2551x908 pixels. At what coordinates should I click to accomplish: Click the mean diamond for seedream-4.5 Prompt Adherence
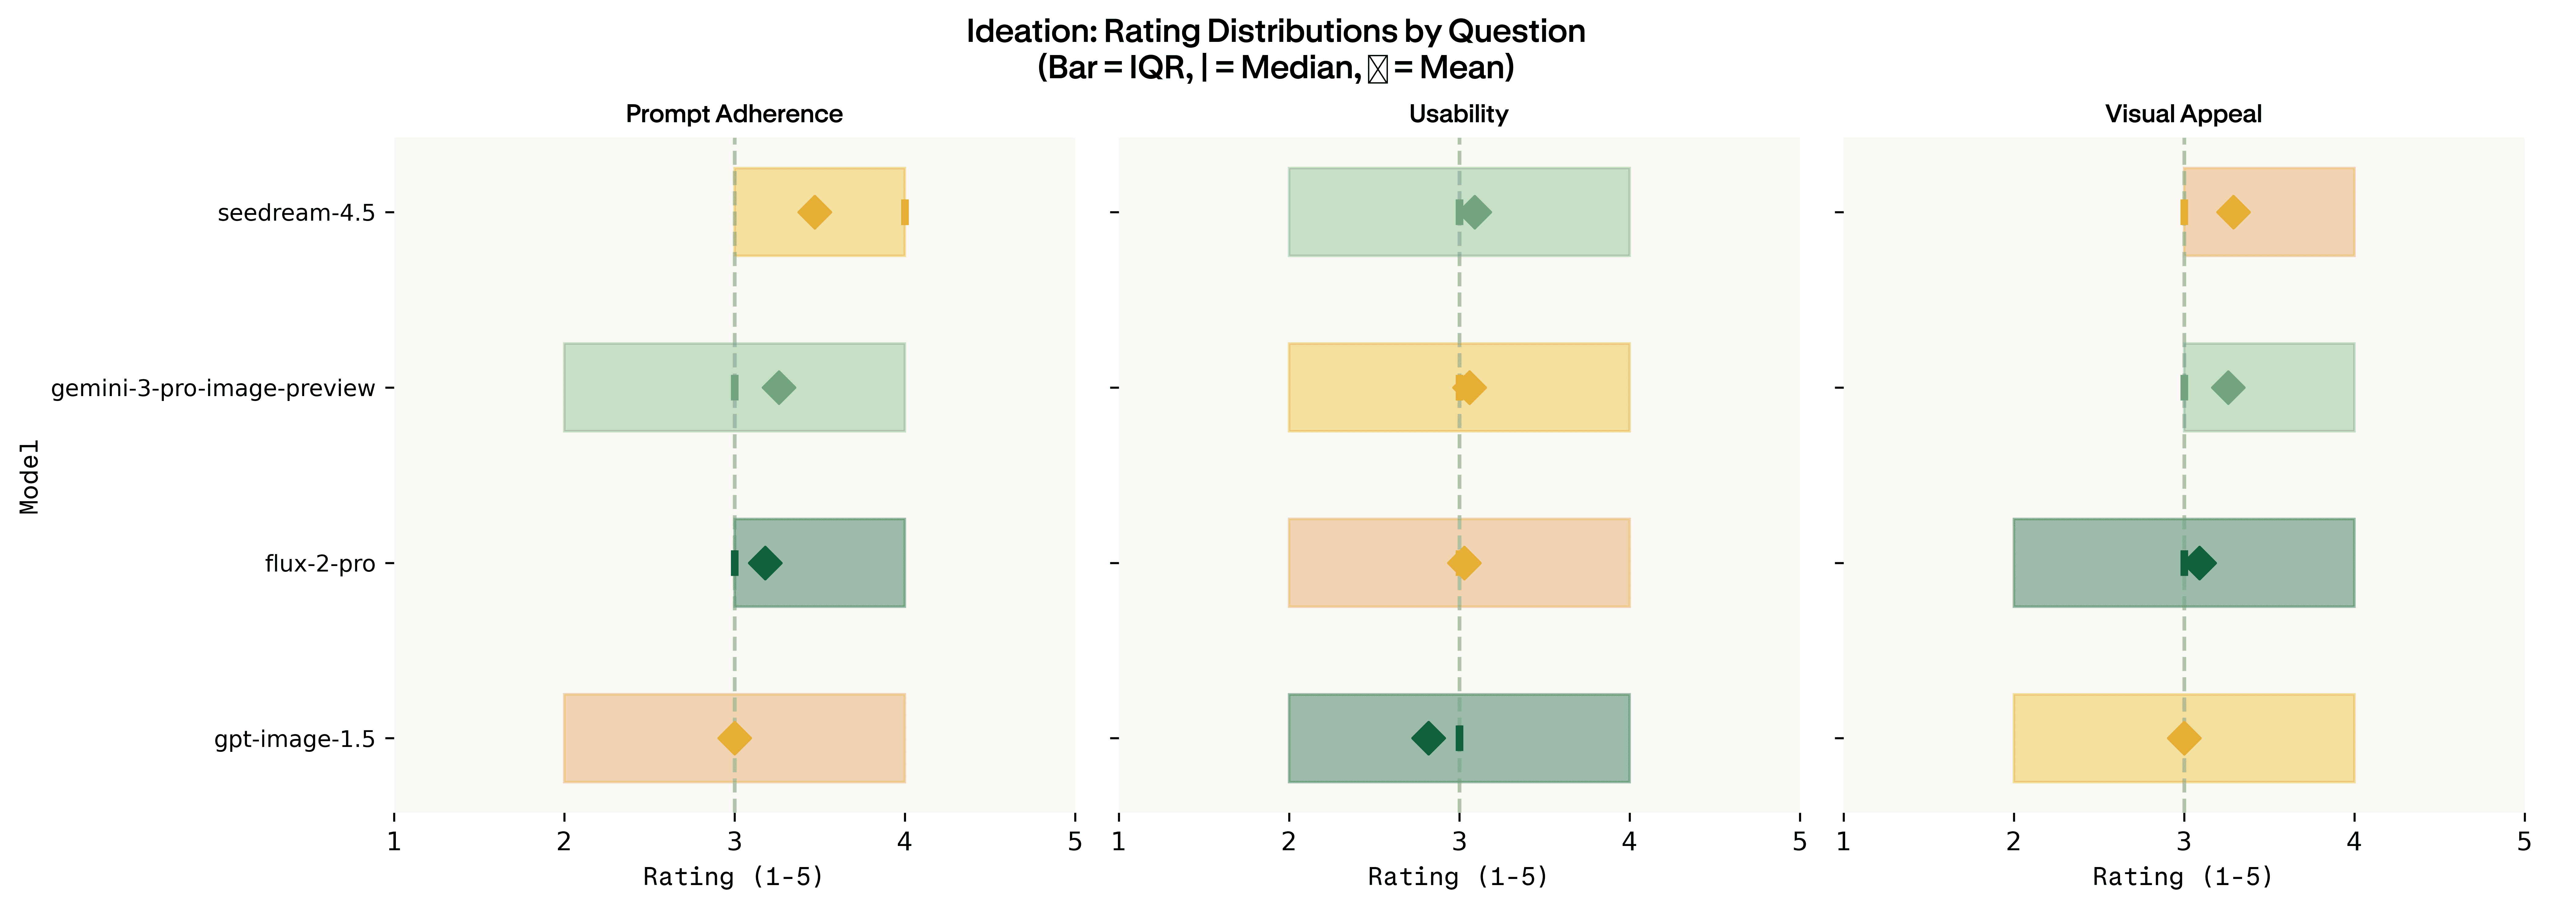[x=814, y=212]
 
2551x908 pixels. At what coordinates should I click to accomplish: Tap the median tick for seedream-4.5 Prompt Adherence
[x=904, y=212]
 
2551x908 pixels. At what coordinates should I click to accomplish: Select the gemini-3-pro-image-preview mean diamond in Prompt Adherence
[x=778, y=387]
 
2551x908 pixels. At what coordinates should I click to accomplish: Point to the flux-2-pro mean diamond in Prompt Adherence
[x=765, y=562]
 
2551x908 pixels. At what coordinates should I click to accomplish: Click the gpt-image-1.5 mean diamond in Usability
[x=1428, y=738]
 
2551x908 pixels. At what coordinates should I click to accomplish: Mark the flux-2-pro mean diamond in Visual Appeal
[x=2199, y=562]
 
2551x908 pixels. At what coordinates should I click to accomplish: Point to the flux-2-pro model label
[x=320, y=564]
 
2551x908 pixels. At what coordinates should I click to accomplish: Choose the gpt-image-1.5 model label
[x=294, y=739]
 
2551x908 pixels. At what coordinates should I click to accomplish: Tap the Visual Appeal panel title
[x=2184, y=114]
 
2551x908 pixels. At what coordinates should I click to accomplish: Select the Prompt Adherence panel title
[x=734, y=114]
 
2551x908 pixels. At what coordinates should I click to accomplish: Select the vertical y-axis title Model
[x=30, y=476]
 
